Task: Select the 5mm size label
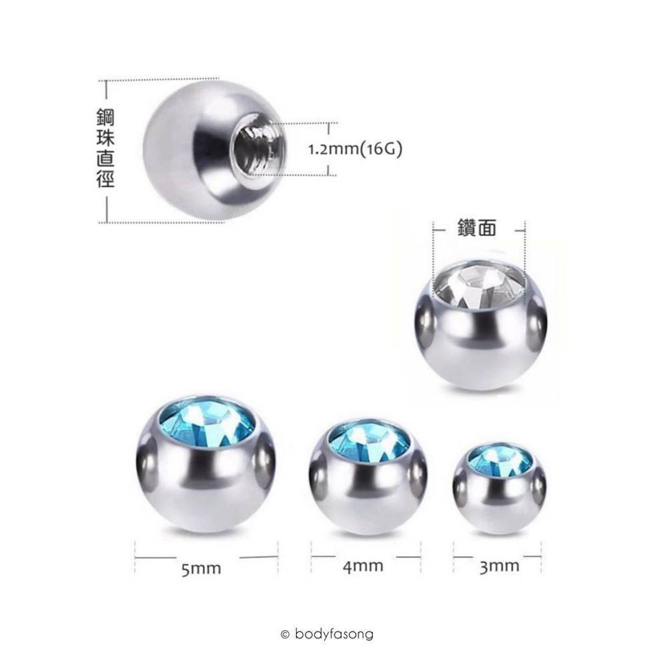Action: pyautogui.click(x=202, y=569)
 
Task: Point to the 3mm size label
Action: pyautogui.click(x=499, y=565)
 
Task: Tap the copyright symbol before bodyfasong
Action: pyautogui.click(x=284, y=633)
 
